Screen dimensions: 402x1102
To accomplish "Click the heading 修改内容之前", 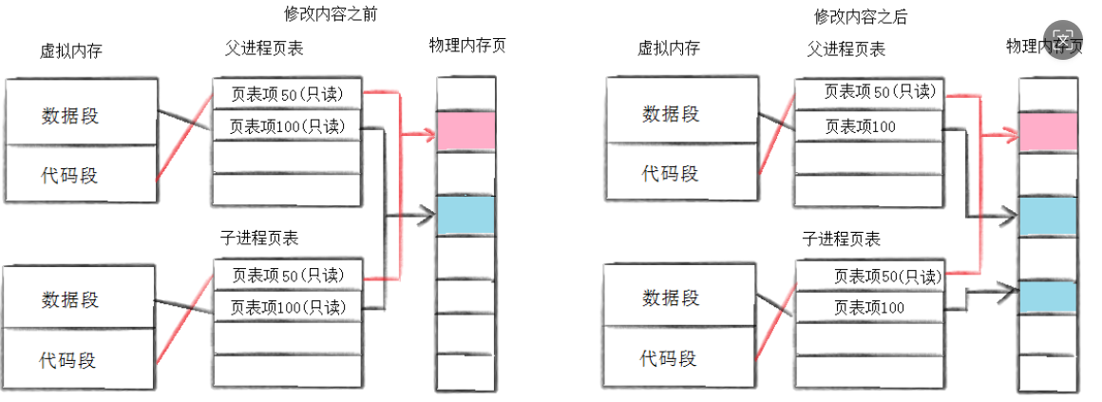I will tap(324, 15).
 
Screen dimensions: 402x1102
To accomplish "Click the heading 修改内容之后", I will tap(854, 16).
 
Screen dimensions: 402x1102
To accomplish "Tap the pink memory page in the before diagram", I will tap(465, 131).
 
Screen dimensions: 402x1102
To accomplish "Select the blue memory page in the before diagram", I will tap(465, 216).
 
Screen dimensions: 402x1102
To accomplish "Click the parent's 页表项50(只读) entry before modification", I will tap(287, 95).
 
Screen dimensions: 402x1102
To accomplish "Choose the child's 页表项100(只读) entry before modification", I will tap(287, 307).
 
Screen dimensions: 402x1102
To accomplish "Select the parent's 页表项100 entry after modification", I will tap(860, 126).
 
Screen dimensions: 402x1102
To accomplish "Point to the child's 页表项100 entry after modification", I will tap(868, 307).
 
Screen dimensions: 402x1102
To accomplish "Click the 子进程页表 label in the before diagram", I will tap(258, 239).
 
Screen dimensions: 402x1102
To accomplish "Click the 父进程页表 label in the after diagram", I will tap(845, 48).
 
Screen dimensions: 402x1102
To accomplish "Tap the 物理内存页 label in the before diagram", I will tap(466, 46).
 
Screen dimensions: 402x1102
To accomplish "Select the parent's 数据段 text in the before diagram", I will tap(70, 116).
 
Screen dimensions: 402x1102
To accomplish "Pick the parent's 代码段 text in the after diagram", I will tap(670, 173).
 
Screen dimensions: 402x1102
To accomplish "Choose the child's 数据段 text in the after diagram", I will tap(671, 298).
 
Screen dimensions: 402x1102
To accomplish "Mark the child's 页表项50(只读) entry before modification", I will tap(287, 276).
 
